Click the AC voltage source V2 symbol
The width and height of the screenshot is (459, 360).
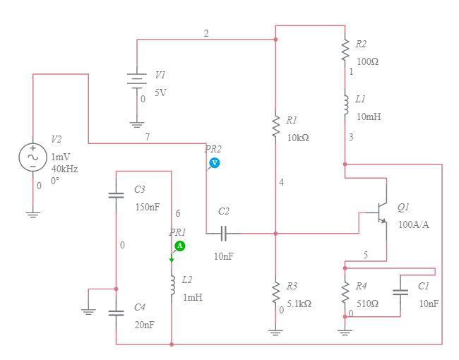32,157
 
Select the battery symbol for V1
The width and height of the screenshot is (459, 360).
136,80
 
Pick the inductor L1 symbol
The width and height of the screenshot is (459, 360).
345,104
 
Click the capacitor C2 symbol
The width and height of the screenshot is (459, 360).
223,233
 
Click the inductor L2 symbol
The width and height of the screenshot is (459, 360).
172,285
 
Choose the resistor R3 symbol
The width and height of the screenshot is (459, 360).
275,292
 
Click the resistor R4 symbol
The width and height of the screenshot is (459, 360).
345,292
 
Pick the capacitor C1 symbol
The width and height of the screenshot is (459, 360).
400,292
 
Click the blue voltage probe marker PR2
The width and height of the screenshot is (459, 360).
214,163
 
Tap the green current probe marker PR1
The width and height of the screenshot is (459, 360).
179,246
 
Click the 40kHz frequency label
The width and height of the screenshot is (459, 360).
64,169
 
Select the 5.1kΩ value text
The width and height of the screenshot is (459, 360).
299,304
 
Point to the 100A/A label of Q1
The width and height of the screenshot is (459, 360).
413,224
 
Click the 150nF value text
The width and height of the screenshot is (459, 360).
148,208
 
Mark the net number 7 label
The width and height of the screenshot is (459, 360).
147,137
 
